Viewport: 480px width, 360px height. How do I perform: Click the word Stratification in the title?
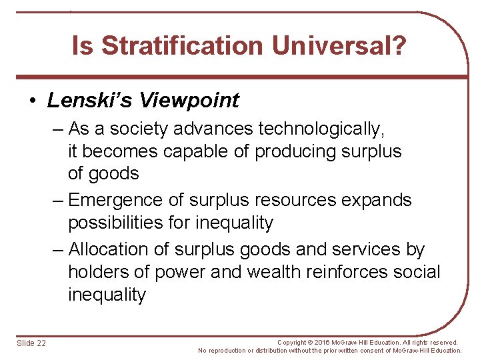[x=181, y=46]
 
